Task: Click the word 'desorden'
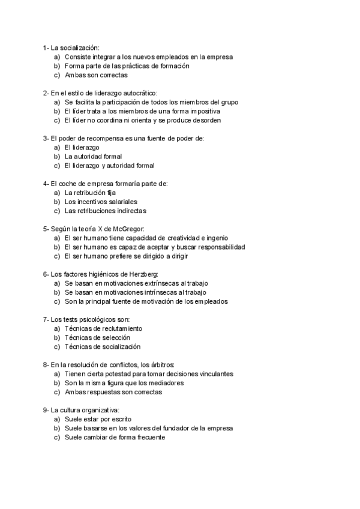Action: pyautogui.click(x=208, y=120)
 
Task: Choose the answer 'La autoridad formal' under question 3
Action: pyautogui.click(x=93, y=157)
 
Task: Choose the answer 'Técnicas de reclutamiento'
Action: pyautogui.click(x=103, y=329)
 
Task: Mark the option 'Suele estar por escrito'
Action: pyautogui.click(x=98, y=419)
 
